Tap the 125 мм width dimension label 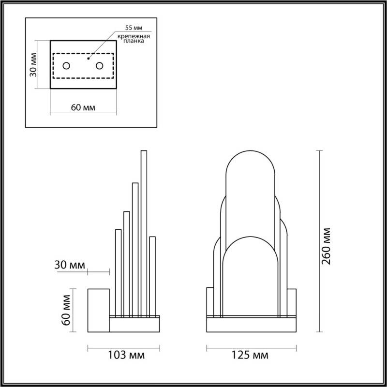click(x=250, y=356)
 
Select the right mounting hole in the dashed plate click(x=100, y=65)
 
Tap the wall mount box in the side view click(x=98, y=310)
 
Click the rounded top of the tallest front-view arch click(x=251, y=160)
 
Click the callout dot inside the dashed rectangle click(x=88, y=59)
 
